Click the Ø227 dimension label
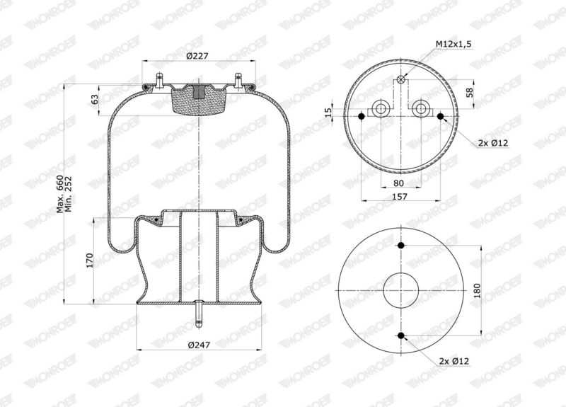197,56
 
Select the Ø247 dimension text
199,345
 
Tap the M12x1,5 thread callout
454,44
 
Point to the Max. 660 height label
60,194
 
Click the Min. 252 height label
68,194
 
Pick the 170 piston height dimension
90,260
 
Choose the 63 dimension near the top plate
94,99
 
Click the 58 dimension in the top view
470,93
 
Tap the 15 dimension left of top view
328,113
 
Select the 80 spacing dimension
398,183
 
